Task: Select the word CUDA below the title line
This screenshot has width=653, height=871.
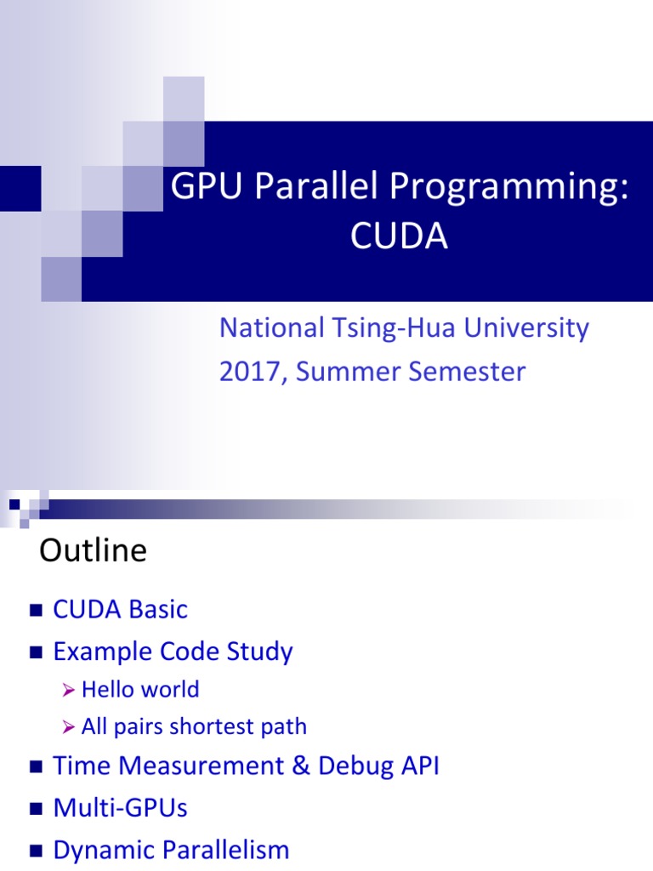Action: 399,238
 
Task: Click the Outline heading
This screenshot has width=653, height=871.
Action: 93,551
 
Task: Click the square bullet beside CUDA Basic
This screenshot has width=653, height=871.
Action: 35,610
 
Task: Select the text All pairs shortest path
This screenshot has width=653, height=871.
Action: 194,726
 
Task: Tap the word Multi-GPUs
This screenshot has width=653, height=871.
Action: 120,807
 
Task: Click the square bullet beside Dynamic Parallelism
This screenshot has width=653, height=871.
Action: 35,851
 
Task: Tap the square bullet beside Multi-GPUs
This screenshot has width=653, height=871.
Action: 35,808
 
